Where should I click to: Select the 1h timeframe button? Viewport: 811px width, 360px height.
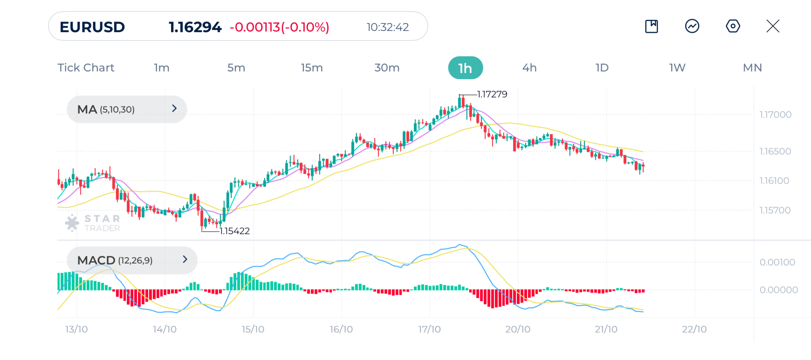point(465,68)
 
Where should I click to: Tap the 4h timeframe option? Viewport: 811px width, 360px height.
point(529,68)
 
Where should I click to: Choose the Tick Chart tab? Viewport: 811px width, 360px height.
point(86,68)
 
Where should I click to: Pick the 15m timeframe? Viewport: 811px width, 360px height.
point(312,68)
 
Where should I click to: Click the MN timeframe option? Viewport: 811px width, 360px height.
point(752,68)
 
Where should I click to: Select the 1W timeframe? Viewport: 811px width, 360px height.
point(677,68)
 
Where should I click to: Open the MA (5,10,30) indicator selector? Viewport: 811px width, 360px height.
point(127,109)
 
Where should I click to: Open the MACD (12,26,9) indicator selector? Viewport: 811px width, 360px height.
point(132,260)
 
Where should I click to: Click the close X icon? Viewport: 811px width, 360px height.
point(773,26)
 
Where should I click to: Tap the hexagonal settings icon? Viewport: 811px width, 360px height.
point(733,26)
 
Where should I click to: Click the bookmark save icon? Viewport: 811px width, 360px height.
point(651,26)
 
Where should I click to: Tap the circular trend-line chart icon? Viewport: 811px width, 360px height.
point(692,26)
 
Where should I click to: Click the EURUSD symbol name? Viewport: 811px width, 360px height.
point(92,27)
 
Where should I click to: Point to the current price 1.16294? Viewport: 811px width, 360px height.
point(195,27)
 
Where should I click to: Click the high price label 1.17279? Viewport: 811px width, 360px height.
point(492,94)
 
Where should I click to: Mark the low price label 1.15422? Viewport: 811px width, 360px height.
point(234,231)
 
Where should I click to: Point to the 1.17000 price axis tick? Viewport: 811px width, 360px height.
point(775,115)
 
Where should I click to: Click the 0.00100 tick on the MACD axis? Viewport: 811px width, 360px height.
point(777,262)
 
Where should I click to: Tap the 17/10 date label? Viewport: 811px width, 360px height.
point(429,329)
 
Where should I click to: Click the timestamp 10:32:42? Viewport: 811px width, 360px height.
point(387,27)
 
